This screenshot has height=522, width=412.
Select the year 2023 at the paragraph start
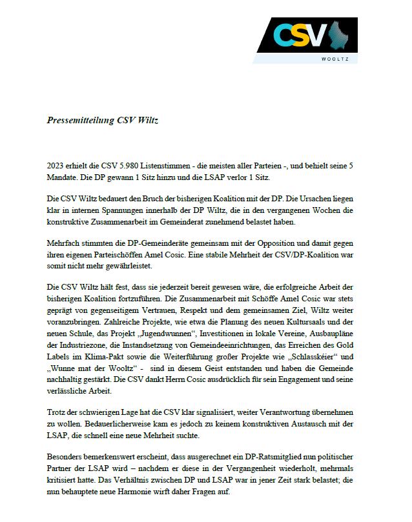coord(56,166)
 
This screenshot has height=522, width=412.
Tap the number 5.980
coord(125,166)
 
